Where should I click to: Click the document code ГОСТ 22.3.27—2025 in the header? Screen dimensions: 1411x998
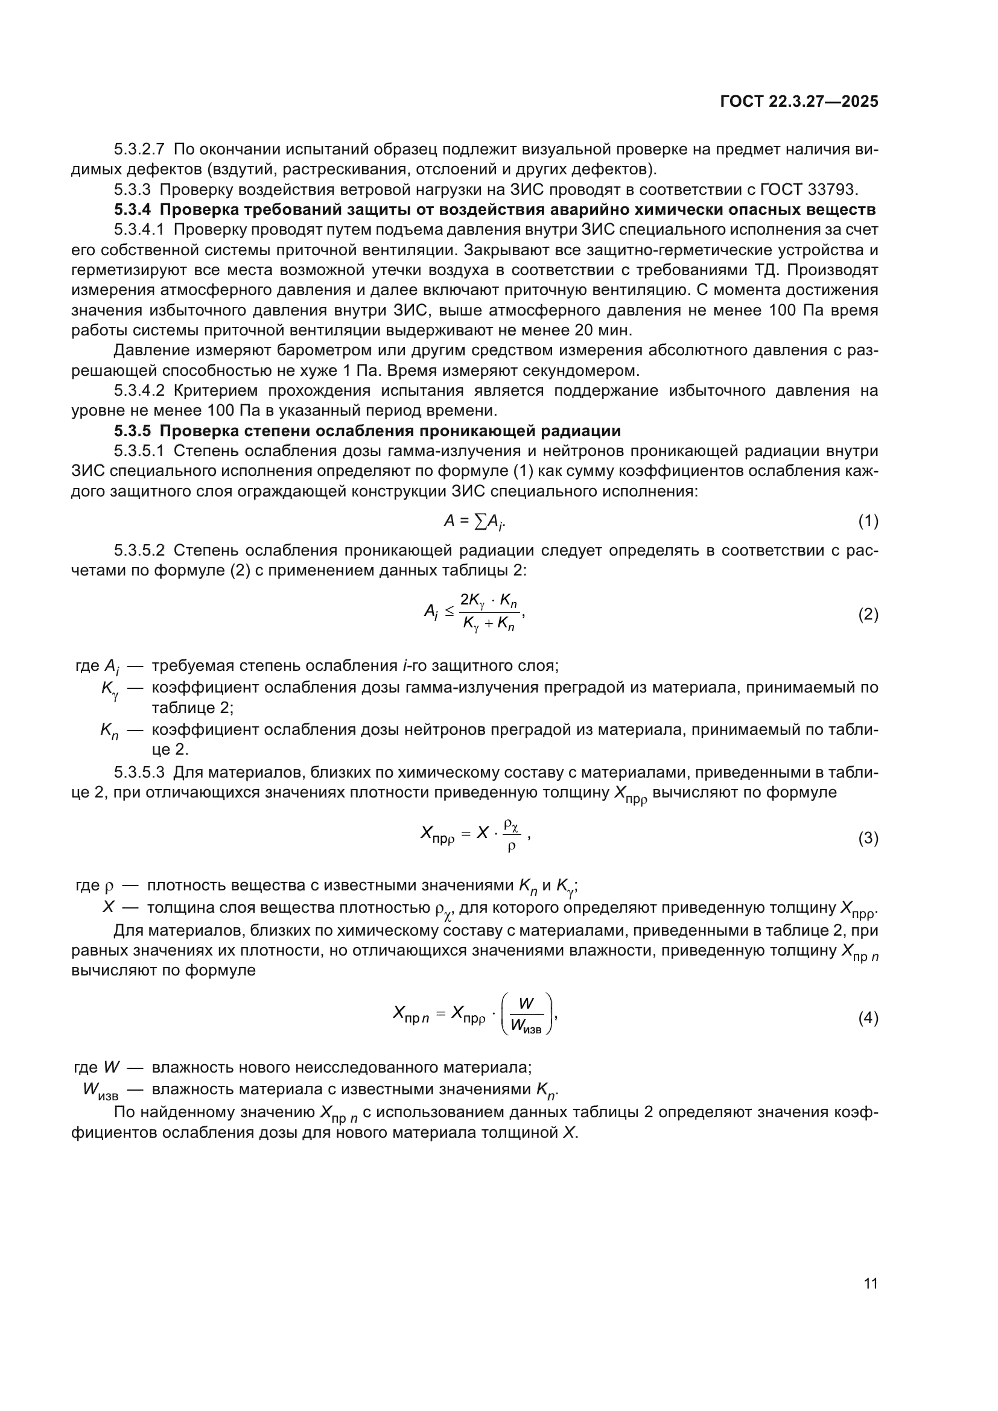[799, 102]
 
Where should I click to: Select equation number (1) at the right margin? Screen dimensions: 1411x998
[868, 522]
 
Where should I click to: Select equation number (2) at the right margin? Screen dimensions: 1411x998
[868, 615]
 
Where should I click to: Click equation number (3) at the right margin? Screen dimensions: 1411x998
[868, 839]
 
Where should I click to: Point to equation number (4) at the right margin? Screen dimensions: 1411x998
[868, 1018]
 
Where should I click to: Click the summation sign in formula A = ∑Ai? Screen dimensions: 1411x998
[480, 522]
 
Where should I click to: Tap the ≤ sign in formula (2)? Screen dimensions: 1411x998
[450, 611]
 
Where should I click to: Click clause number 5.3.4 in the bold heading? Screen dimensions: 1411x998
[132, 210]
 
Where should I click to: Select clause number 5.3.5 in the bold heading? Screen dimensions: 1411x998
[132, 431]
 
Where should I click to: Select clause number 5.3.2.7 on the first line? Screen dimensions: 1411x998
[139, 150]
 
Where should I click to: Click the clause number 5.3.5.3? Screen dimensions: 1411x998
[139, 772]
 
